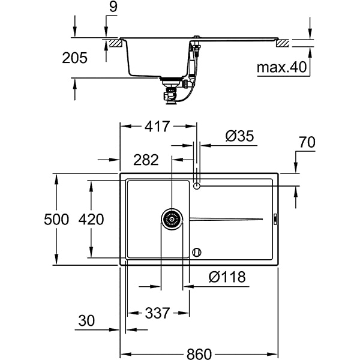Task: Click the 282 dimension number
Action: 146,160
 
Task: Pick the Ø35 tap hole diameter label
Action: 240,136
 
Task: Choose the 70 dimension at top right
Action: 307,142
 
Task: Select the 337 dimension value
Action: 158,313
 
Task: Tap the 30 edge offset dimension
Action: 87,321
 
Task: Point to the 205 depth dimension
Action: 75,58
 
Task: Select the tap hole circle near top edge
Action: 197,187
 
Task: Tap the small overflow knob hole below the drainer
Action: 197,252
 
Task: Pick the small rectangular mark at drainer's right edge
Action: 275,220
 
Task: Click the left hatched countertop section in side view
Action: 112,43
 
